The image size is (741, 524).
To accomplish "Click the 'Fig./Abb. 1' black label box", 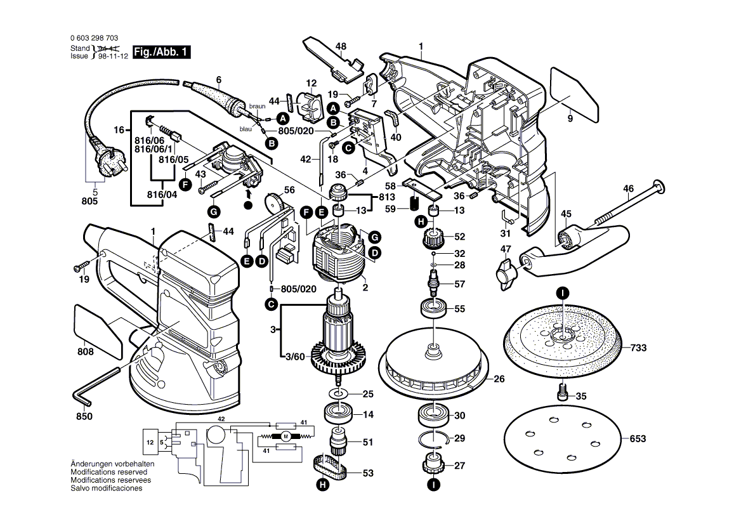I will click(162, 52).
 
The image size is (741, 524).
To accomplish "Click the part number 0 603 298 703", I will click(93, 39).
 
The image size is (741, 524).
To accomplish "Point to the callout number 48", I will click(341, 46).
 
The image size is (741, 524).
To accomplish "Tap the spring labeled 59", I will click(413, 204).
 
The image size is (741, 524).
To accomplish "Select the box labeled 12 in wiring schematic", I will click(150, 442).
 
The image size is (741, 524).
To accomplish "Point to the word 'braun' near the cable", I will click(256, 107).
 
